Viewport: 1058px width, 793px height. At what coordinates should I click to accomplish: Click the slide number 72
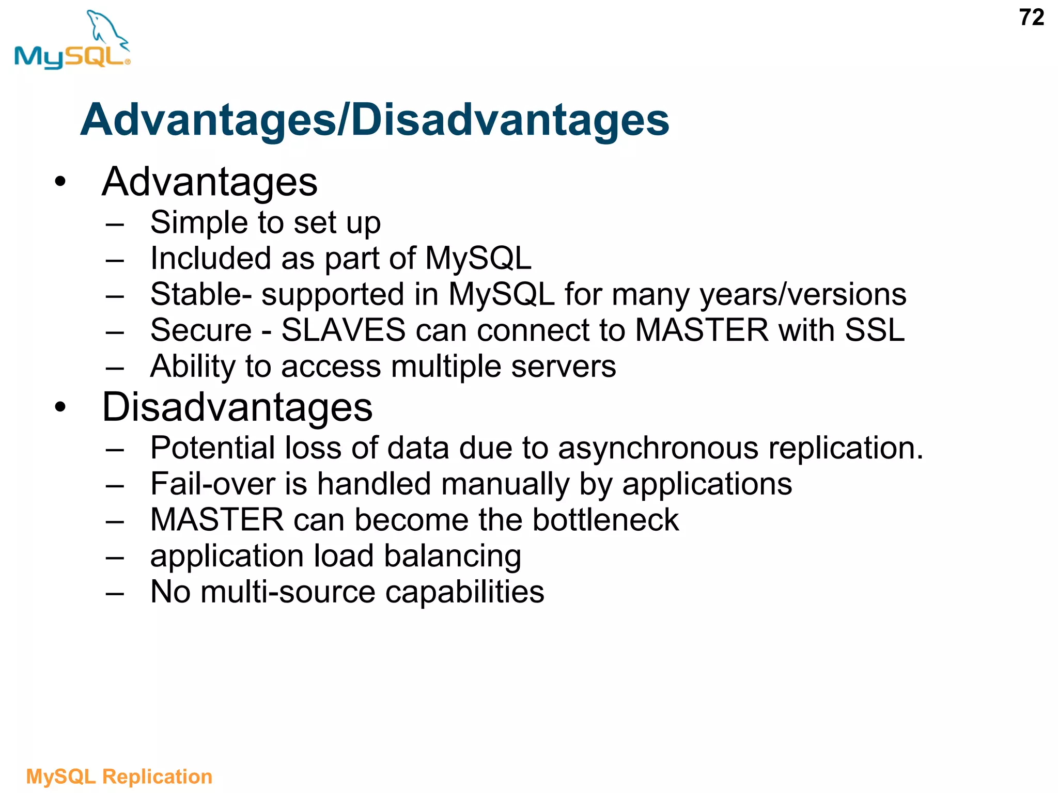(x=1031, y=18)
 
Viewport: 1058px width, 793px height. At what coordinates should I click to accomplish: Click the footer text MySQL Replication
(x=119, y=776)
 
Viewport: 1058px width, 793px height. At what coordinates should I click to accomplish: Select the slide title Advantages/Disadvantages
(x=375, y=120)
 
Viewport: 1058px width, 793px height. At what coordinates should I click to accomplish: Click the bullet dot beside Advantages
(x=60, y=182)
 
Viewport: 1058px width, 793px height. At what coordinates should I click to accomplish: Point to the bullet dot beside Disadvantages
(x=60, y=407)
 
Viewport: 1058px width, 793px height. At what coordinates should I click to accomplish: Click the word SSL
(x=875, y=330)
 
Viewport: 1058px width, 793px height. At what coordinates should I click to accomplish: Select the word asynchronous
(x=658, y=448)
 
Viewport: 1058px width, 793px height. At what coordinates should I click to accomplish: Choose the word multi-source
(x=288, y=592)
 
